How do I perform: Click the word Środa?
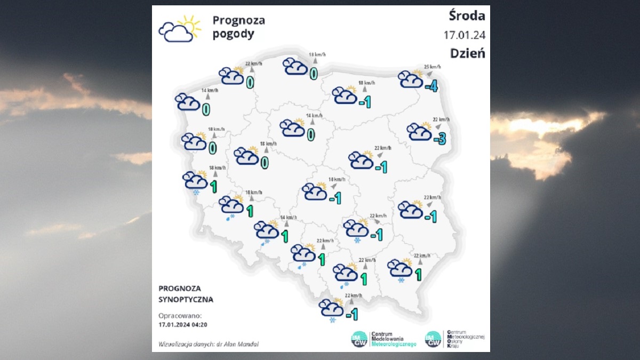coord(467,16)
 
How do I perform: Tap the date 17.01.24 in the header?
coord(464,35)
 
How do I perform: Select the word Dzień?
coord(467,53)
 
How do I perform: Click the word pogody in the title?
coord(234,34)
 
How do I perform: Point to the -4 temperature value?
coord(431,85)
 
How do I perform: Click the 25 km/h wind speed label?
coord(433,67)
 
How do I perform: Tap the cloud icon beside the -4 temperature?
coord(411,79)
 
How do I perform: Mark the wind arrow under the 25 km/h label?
coord(429,74)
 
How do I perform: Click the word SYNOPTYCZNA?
coord(186,299)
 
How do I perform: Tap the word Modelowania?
coord(387,339)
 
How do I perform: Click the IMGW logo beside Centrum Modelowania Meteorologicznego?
coord(359,339)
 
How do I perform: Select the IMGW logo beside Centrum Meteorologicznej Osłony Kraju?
coord(433,339)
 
